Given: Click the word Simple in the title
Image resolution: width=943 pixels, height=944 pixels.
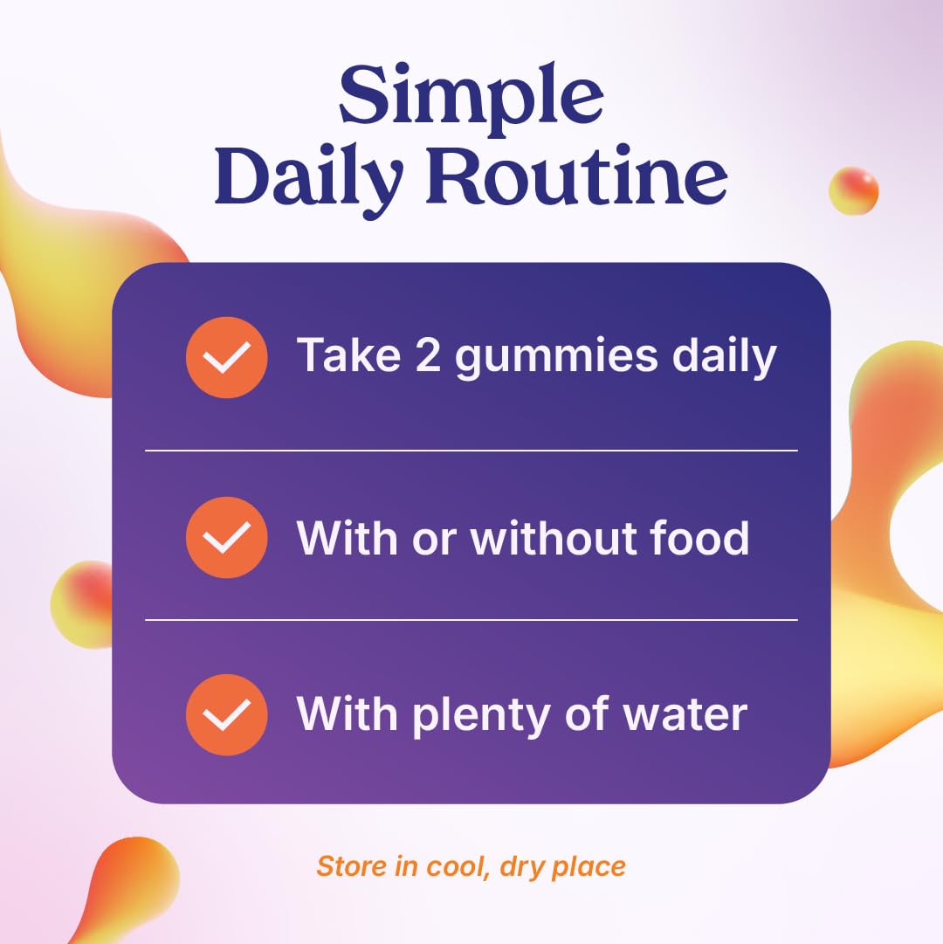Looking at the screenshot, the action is (x=471, y=98).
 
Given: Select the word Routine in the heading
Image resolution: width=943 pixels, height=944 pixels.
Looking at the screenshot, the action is (x=577, y=176).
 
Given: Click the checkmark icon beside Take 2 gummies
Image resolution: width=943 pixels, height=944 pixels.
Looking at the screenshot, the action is (x=227, y=358).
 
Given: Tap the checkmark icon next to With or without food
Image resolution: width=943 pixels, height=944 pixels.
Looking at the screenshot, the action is (x=227, y=538).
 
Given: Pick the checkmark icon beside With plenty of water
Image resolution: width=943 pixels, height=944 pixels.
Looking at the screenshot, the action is (x=227, y=714).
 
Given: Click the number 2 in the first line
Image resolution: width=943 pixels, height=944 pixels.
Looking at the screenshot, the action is (x=428, y=355).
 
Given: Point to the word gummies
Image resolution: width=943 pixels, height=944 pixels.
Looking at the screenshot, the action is (x=556, y=358).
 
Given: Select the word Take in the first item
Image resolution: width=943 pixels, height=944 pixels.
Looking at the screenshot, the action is (x=349, y=355).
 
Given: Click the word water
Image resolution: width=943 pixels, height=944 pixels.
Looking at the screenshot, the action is (x=685, y=715).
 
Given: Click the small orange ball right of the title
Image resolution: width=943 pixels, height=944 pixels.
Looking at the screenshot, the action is (x=853, y=191).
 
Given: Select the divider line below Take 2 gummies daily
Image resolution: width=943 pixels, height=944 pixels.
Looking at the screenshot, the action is (x=471, y=450).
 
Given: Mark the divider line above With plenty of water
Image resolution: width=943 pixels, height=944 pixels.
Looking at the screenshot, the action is (x=471, y=619).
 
